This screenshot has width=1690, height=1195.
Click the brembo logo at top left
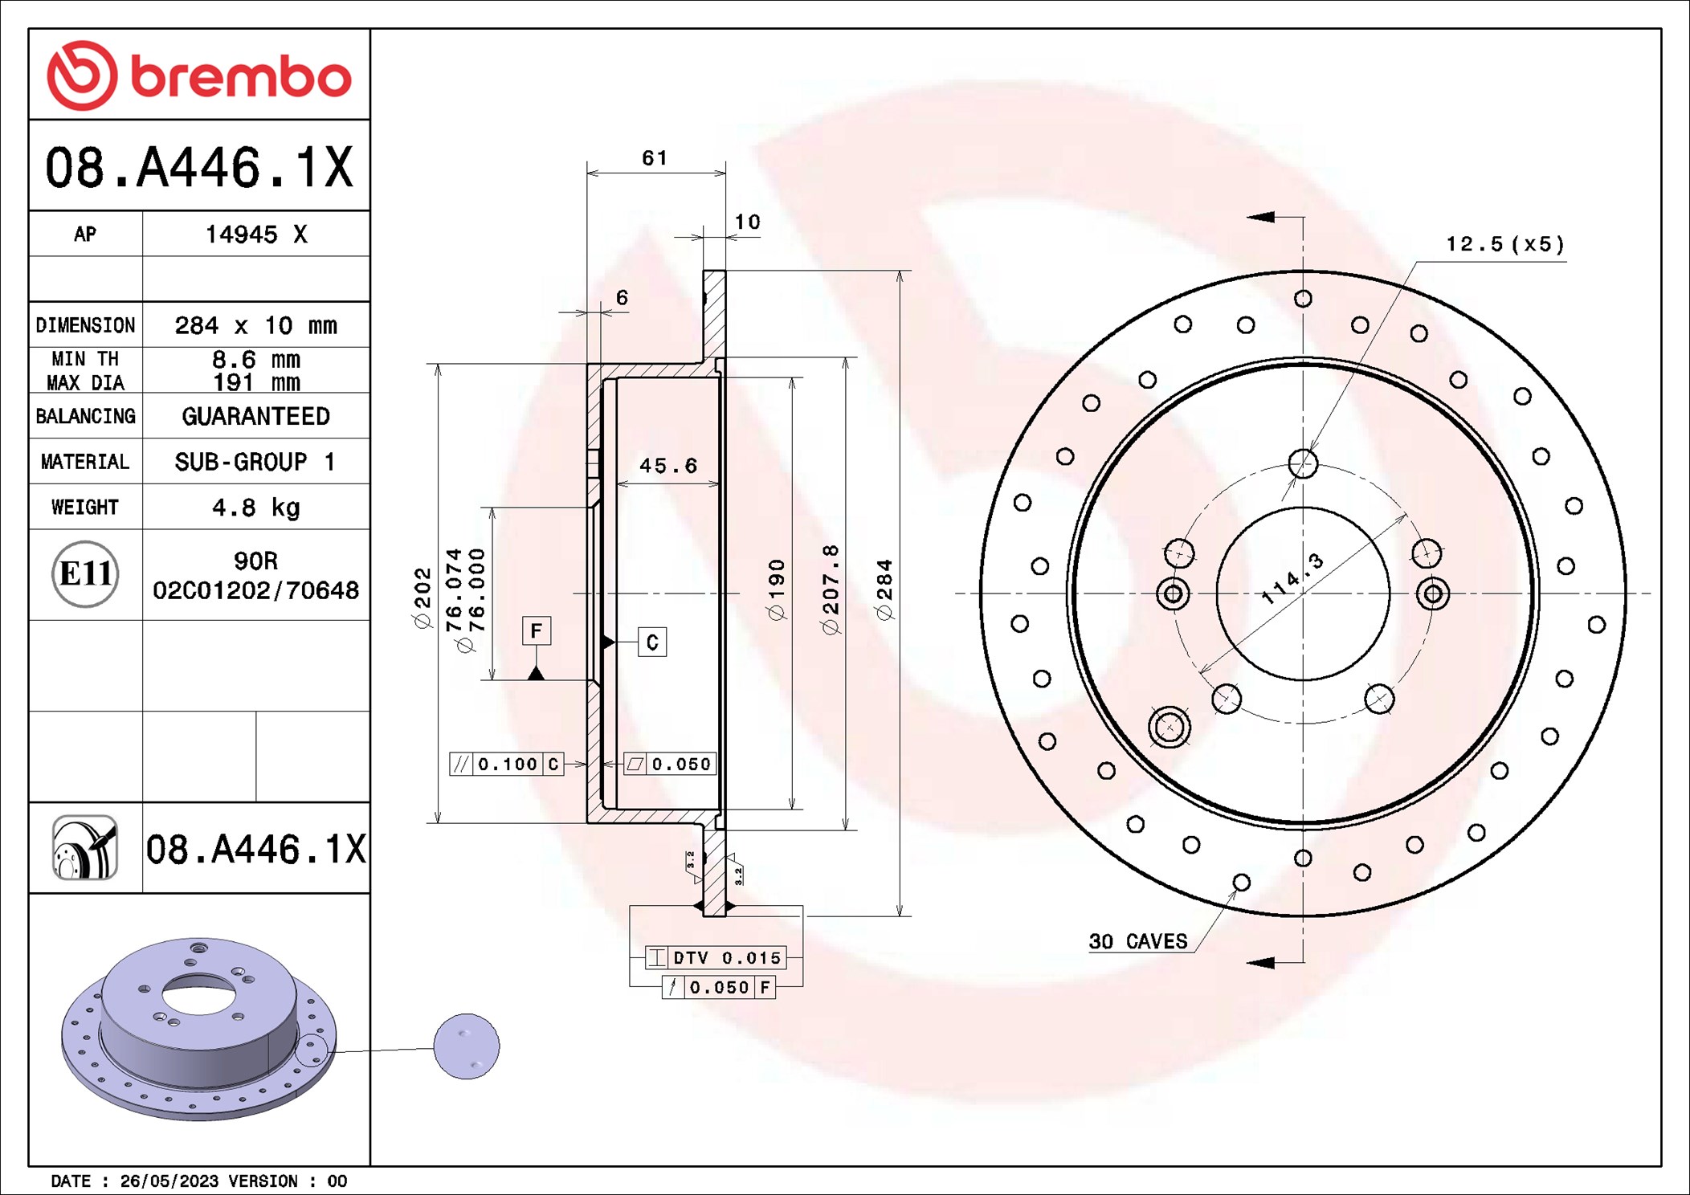coord(198,75)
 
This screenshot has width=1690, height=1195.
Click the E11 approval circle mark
coord(85,574)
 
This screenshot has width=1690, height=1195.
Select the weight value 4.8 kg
coord(255,508)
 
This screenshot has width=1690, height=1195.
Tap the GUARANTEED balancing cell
coord(255,416)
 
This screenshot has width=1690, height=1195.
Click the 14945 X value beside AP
coord(255,235)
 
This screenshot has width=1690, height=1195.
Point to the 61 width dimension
coord(654,158)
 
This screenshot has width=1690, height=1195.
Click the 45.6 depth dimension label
coord(667,466)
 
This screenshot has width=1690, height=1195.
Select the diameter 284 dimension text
coord(884,590)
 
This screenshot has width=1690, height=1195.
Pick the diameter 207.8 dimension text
coord(831,590)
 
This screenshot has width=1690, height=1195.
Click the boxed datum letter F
coord(536,630)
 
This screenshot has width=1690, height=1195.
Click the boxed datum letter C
coord(651,642)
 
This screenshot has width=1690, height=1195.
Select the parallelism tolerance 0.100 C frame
coord(506,764)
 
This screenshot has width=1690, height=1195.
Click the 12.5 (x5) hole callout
coord(1504,244)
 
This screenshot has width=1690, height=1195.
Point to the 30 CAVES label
coord(1137,941)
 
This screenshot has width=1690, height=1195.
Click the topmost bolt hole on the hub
coord(1303,463)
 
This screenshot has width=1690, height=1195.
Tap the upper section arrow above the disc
coord(1263,217)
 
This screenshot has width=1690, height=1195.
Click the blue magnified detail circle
coord(466,1046)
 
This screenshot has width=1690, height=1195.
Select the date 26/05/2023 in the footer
coord(169,1181)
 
